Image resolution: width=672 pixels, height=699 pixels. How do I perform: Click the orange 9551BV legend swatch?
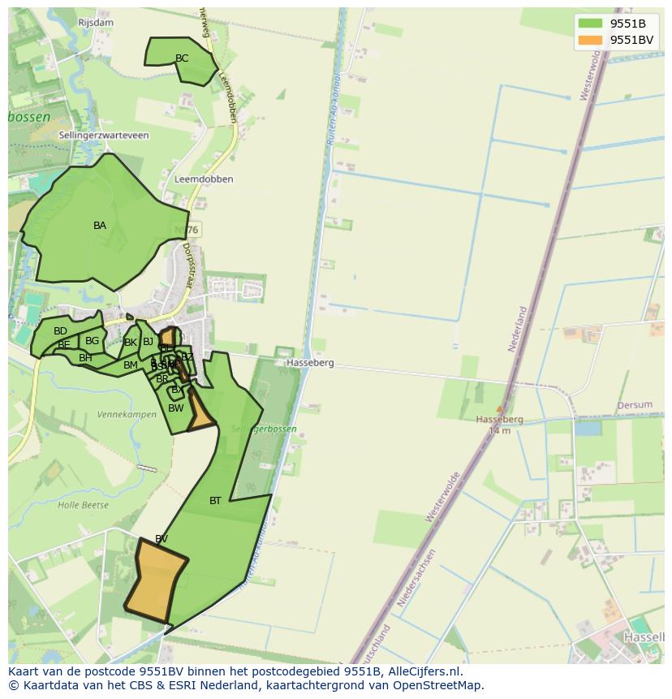point(591,40)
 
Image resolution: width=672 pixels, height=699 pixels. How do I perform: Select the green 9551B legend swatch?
point(591,24)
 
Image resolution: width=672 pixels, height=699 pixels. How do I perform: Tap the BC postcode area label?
point(182,58)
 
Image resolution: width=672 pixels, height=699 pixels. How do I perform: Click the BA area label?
point(100,226)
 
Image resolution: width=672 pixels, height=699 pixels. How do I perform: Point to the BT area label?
point(215,501)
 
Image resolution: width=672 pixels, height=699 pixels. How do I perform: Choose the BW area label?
point(176,408)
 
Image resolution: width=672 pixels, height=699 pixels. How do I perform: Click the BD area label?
point(60,331)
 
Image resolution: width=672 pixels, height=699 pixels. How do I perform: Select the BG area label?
point(92,341)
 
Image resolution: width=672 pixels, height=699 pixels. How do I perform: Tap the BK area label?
point(130,343)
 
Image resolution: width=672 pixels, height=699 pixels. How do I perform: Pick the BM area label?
point(130,365)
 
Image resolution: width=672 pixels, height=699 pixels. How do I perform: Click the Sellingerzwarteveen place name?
point(104,136)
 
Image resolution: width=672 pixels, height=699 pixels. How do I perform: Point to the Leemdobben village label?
point(204,179)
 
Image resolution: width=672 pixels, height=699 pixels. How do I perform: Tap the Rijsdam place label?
point(96,23)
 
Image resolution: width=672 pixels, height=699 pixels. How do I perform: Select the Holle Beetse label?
point(83,505)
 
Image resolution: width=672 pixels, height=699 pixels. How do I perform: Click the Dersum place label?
point(635,405)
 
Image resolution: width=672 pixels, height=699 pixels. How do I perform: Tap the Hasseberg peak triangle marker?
point(499,409)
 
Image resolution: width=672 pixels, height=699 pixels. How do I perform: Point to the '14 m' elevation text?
point(499,430)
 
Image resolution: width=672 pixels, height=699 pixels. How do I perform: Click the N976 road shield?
point(187,231)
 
